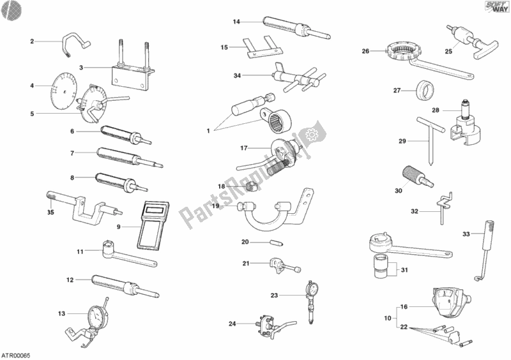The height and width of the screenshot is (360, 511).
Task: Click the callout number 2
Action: pyautogui.click(x=32, y=41)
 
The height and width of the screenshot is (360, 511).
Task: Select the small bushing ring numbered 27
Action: pyautogui.click(x=422, y=90)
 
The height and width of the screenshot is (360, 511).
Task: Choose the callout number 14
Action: pyautogui.click(x=236, y=22)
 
